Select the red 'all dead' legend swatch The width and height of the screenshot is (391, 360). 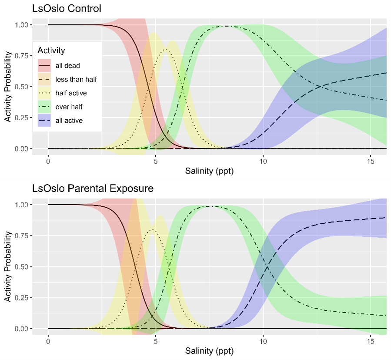coord(45,66)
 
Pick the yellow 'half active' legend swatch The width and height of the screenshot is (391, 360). coord(45,93)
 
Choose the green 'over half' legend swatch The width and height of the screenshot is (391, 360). coord(45,107)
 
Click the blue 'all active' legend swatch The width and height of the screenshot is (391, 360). coord(45,120)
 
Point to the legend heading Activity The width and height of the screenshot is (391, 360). coord(51,50)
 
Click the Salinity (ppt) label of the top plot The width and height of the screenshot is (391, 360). coord(210,171)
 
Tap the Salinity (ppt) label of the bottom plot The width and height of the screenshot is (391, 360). coord(210,351)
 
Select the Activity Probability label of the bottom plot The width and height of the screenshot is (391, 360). coord(7,266)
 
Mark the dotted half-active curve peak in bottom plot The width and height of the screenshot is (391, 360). coord(152,229)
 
